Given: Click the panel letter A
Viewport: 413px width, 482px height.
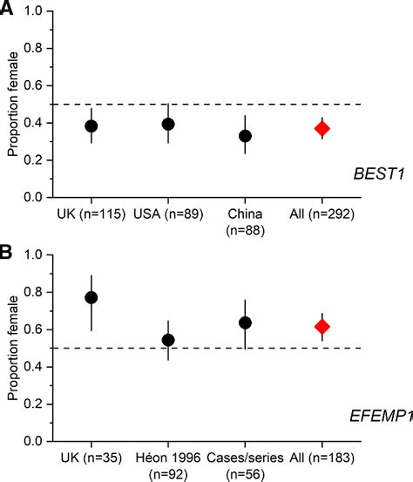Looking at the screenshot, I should tap(8, 9).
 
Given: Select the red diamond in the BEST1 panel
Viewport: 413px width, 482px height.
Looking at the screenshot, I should tap(322, 129).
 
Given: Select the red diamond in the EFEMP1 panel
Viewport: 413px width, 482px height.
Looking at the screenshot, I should tap(322, 327).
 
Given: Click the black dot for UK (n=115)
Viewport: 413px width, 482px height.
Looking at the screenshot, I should tap(91, 126).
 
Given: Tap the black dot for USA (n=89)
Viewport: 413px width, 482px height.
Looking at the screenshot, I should tap(168, 125).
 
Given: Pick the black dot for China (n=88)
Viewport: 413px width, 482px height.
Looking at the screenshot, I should tap(246, 136).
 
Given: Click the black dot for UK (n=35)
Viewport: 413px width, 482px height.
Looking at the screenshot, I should tap(91, 297).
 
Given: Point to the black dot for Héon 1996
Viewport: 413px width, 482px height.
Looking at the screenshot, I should tap(168, 340).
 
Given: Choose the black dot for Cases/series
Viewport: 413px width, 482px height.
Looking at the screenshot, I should tap(246, 322).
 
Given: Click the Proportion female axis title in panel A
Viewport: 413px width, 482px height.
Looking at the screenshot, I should tap(13, 105).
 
